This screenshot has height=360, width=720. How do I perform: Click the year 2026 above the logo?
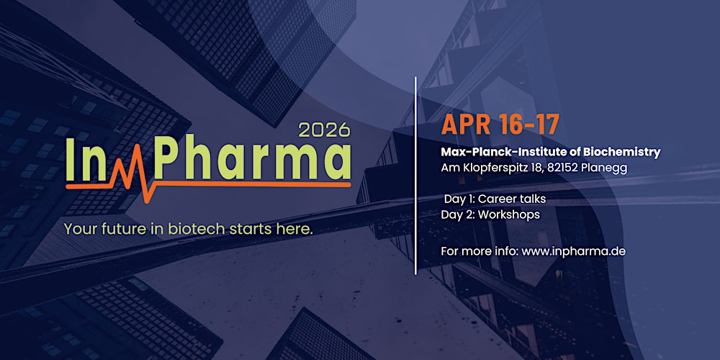click(x=323, y=130)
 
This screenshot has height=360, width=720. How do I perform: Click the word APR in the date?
click(x=467, y=125)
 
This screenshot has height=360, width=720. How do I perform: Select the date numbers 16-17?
click(x=528, y=125)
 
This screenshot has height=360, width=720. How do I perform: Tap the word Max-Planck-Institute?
click(x=497, y=153)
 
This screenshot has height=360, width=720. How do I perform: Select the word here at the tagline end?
click(x=296, y=230)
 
